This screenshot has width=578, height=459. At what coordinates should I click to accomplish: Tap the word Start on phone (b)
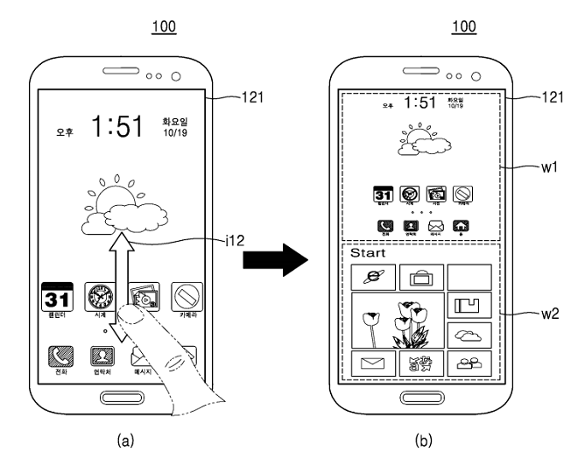368,253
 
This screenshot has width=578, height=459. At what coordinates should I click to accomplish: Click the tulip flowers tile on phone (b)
397,321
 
